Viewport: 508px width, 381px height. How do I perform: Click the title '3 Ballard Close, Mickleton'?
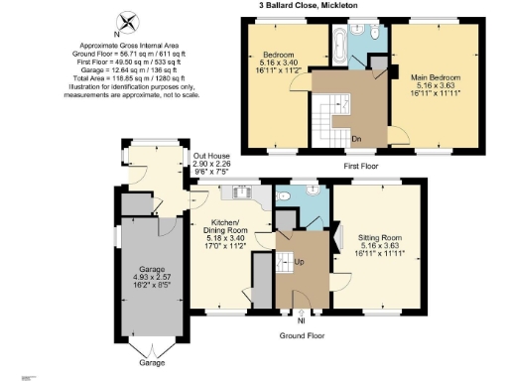(x=309, y=5)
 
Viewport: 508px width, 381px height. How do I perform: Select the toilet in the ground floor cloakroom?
(x=286, y=197)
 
